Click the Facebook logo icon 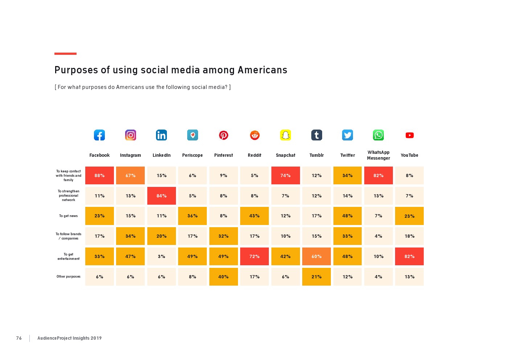click(x=99, y=135)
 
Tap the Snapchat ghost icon click(x=286, y=135)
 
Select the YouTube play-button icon click(x=410, y=135)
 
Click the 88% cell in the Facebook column click(x=99, y=176)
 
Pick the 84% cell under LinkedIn click(x=161, y=196)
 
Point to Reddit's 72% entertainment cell click(x=254, y=257)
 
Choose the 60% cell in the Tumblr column click(x=316, y=257)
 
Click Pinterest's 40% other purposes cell click(x=223, y=277)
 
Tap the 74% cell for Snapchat click(x=286, y=176)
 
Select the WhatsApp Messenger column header click(x=378, y=155)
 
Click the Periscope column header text click(x=192, y=155)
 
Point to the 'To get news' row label click(x=69, y=216)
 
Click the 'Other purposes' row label click(x=69, y=277)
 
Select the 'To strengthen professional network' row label click(x=69, y=196)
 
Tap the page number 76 click(x=19, y=338)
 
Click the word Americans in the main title click(x=262, y=70)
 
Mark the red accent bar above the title click(x=65, y=54)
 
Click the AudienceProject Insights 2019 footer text click(x=69, y=338)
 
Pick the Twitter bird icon click(x=348, y=135)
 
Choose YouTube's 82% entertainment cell click(x=410, y=257)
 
